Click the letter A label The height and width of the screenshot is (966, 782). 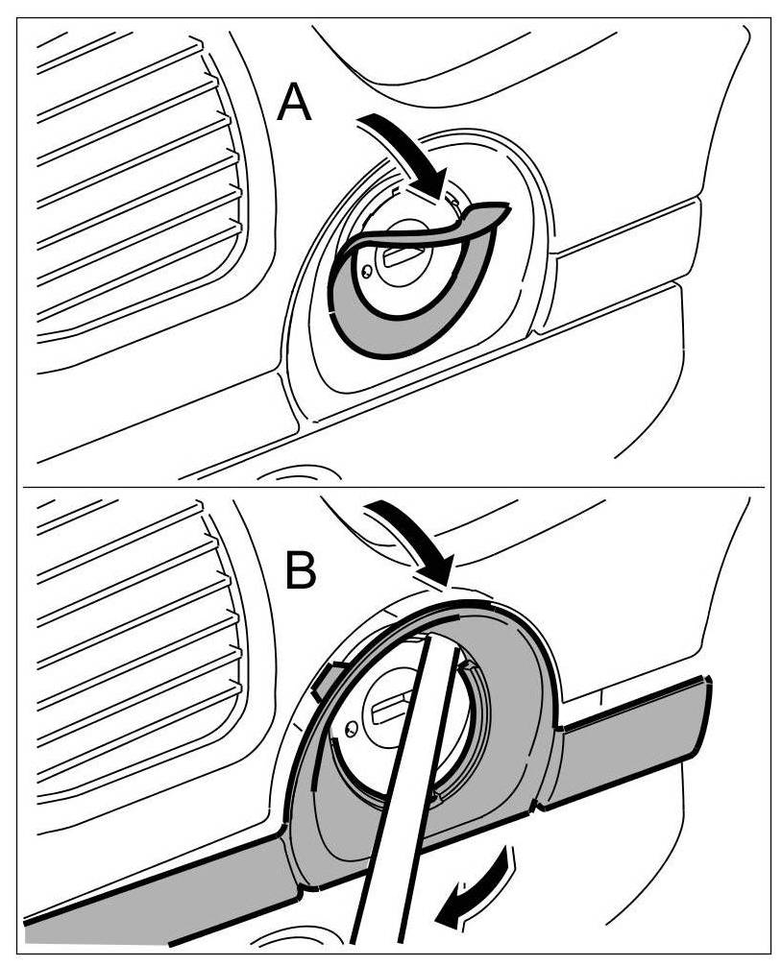coord(294,103)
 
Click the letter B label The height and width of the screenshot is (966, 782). coord(301,572)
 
